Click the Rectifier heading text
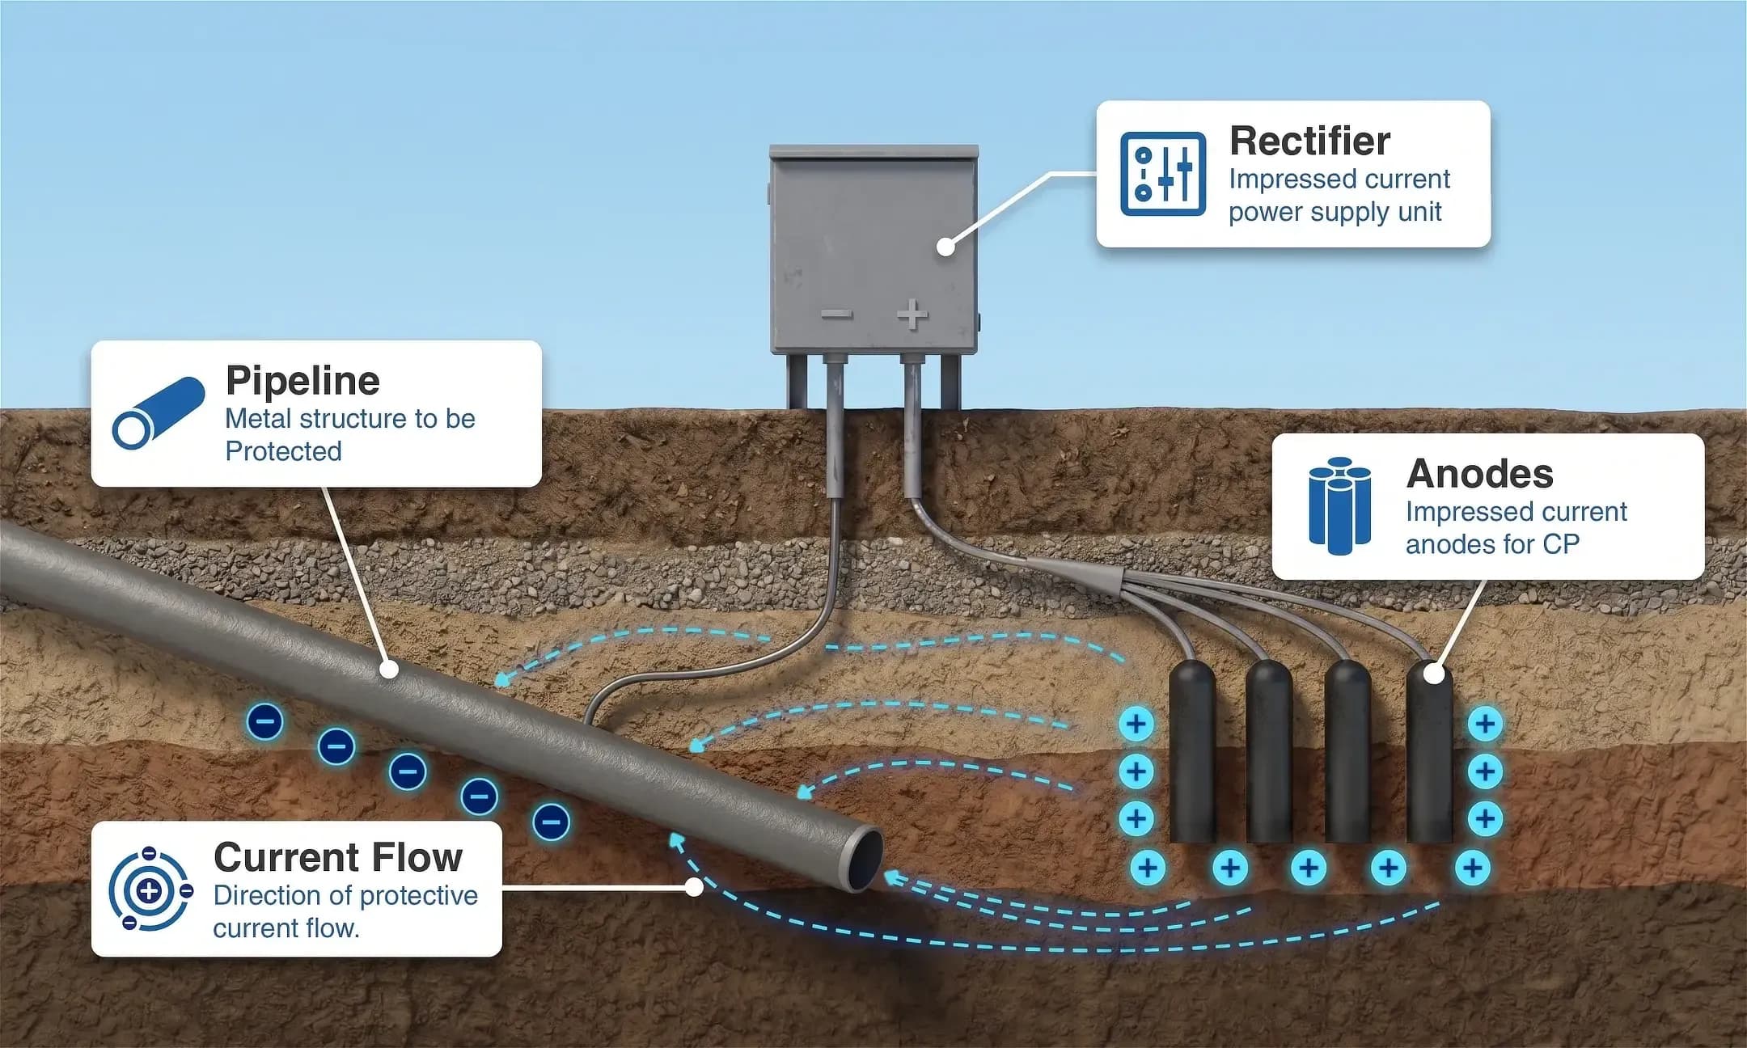[x=1309, y=142]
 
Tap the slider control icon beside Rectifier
[x=1163, y=174]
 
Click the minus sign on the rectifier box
[x=836, y=315]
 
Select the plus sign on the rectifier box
[x=913, y=315]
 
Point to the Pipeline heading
[x=302, y=381]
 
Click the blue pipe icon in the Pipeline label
[x=158, y=412]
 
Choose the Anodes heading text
[x=1480, y=474]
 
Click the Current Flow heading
[x=338, y=857]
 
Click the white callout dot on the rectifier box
[x=945, y=246]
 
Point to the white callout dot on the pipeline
[x=389, y=670]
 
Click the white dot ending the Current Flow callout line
[x=693, y=887]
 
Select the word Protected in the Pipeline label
[x=283, y=451]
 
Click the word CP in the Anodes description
[x=1561, y=544]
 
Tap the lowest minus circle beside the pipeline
[x=552, y=822]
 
